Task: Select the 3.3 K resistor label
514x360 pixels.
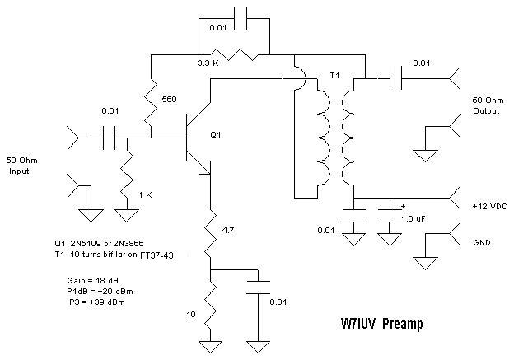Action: (x=208, y=63)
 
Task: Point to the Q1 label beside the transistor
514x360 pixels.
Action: (x=216, y=133)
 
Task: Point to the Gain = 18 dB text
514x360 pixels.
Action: (x=79, y=281)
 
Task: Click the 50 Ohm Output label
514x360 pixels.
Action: (x=485, y=104)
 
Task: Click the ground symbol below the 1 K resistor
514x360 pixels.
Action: (x=126, y=217)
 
